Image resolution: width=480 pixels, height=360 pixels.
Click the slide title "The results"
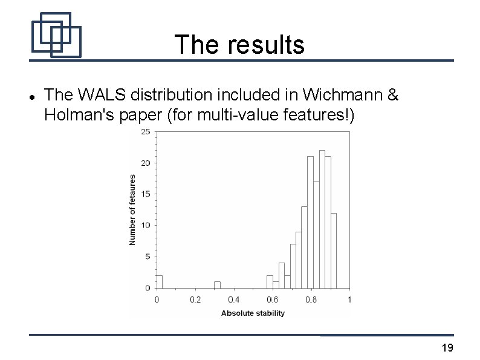(x=239, y=44)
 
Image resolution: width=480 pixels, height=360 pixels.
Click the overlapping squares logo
(x=56, y=34)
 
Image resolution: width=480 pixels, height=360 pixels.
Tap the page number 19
(x=447, y=347)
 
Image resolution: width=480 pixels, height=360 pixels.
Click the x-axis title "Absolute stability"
(x=253, y=313)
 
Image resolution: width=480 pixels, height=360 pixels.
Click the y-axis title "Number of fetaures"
(x=132, y=209)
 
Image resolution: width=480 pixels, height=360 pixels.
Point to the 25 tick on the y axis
(x=146, y=131)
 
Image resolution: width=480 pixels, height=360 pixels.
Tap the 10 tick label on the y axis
(x=146, y=225)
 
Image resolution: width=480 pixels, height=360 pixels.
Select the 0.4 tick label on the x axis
(x=233, y=299)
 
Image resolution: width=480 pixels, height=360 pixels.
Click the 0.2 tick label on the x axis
(x=195, y=299)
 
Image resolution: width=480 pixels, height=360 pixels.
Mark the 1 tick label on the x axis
(x=349, y=299)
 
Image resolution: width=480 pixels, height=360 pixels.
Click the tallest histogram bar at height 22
(x=322, y=218)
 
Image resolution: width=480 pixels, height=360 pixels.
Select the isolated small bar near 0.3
(x=217, y=284)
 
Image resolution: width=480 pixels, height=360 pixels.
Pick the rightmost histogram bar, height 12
(x=334, y=250)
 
